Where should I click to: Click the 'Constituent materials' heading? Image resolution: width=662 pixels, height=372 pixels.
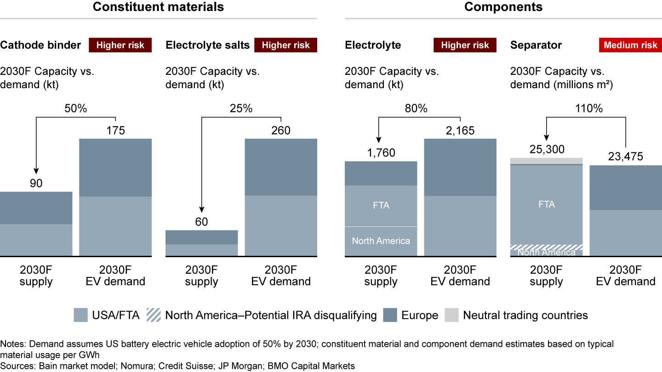(x=158, y=7)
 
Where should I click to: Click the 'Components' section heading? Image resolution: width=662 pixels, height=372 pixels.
(x=503, y=7)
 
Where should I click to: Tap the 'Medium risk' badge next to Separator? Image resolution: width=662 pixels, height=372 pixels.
(x=630, y=45)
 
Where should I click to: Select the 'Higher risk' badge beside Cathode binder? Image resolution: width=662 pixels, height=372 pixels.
(x=120, y=45)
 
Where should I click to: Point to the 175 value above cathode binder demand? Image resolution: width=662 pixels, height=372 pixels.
(x=115, y=130)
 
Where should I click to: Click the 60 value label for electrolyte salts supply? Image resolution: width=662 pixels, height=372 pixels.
(x=201, y=222)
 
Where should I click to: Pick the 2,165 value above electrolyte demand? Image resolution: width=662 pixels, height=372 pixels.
(x=460, y=130)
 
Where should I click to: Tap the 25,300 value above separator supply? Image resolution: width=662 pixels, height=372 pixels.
(x=546, y=150)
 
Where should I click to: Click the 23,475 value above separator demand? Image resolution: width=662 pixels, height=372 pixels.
(x=625, y=157)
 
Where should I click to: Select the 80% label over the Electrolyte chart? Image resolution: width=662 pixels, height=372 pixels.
(x=416, y=109)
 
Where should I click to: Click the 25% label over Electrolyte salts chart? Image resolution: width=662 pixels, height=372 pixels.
(x=241, y=109)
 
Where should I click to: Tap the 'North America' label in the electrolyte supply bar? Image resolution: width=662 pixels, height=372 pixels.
(x=381, y=241)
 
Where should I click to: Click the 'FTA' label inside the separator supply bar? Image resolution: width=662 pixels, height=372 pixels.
(x=546, y=204)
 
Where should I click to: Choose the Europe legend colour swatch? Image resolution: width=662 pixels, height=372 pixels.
(x=389, y=316)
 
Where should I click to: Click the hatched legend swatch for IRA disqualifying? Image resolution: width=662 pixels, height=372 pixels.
(x=153, y=316)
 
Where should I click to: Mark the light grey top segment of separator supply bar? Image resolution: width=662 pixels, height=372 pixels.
(x=546, y=160)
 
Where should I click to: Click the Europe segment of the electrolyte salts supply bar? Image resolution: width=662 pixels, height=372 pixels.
(x=201, y=237)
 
